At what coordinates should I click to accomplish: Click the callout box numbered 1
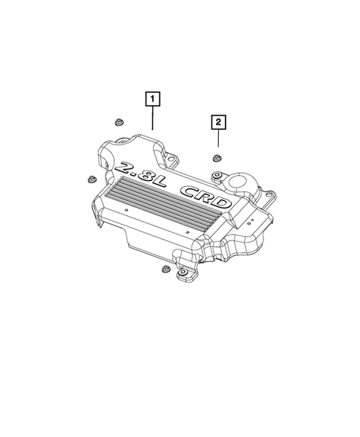click(x=151, y=96)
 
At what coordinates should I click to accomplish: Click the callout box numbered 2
click(x=218, y=121)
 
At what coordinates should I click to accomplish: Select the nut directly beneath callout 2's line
click(x=218, y=157)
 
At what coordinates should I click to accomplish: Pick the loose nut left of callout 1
click(x=117, y=122)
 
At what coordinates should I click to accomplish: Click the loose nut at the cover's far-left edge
click(x=91, y=179)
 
